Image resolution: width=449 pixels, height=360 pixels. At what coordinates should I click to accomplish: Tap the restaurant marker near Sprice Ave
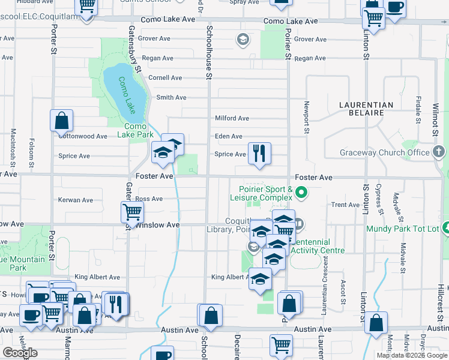259,153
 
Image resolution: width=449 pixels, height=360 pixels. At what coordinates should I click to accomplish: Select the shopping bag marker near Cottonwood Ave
61,121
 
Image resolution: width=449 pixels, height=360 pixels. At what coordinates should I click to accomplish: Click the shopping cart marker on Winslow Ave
131,212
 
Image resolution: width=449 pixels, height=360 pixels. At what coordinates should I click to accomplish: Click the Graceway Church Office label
385,152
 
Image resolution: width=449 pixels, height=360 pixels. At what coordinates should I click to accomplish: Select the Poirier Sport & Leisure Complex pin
302,193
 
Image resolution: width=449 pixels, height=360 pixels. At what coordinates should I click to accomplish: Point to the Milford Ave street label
232,118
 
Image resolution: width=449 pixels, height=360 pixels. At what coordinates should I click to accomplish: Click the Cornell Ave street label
165,77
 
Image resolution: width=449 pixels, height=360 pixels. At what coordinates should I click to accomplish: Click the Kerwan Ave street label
76,200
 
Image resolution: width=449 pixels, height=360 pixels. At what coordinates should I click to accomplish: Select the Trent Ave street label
345,205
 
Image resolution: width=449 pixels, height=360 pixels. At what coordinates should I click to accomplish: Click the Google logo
20,353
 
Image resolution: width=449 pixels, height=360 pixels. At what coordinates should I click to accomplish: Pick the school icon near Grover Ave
243,40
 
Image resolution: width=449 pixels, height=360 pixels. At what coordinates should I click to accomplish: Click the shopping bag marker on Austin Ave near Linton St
375,323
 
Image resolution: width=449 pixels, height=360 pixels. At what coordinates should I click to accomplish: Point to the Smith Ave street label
171,97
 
